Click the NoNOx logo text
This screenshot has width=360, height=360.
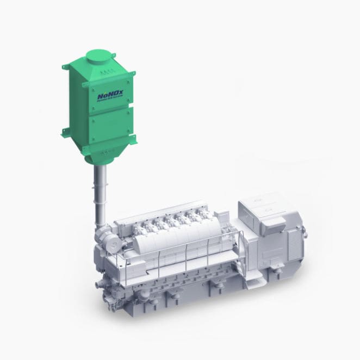click(x=110, y=95)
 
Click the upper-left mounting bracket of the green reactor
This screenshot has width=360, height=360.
click(x=66, y=67)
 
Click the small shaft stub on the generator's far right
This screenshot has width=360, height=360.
click(x=305, y=235)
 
